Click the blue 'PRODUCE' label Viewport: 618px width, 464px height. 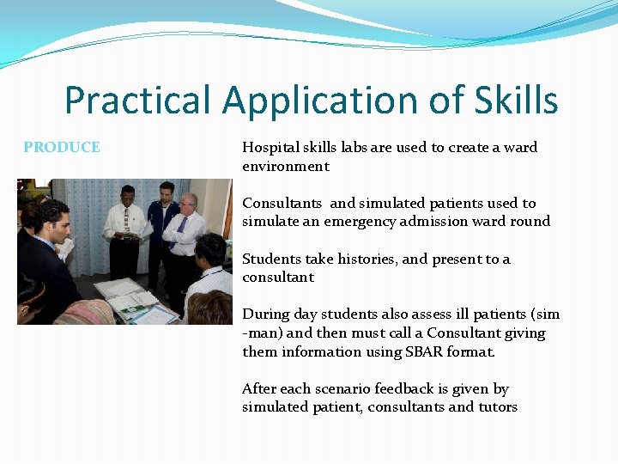[62, 147]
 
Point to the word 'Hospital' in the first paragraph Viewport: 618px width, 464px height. [270, 148]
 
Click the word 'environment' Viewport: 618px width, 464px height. [286, 166]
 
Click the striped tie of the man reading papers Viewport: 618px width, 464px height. [126, 225]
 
